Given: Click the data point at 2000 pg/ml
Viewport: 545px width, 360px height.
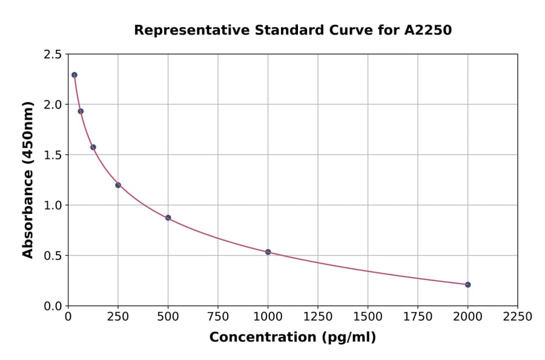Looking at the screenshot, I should pos(467,284).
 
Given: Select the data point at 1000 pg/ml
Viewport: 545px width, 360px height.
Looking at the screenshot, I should pos(268,252).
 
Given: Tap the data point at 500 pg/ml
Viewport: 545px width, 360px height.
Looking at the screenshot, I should pos(168,218).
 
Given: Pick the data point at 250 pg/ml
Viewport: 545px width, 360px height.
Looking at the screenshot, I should pos(118,185).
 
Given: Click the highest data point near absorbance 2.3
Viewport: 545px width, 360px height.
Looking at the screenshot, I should pos(74,75).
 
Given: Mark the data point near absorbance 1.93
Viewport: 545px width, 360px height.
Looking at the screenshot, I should pos(81,111).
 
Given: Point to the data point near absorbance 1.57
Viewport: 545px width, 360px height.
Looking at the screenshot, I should pos(93,147).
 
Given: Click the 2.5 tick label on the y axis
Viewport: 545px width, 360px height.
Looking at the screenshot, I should pos(53,55).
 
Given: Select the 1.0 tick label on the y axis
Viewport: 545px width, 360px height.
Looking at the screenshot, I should pos(53,205).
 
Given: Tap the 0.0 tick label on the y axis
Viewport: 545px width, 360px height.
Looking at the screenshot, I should pos(53,306).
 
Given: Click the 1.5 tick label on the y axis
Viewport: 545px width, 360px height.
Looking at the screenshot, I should pos(53,155).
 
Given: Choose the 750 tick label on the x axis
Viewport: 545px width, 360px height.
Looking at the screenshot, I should pos(218,317).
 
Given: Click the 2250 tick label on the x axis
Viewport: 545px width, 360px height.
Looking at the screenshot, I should pos(517,317).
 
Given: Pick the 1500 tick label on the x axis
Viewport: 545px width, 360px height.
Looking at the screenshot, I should pos(368,317).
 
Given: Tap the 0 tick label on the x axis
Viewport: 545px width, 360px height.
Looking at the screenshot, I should pos(68,317).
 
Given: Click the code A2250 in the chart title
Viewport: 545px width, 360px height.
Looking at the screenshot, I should pos(428,30).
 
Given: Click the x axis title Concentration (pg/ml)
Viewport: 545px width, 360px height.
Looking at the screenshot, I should pos(292,338).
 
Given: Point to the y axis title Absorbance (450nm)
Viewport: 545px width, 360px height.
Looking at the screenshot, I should pos(28,179).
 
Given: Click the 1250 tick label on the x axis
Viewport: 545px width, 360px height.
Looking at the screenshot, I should pos(318,317).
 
